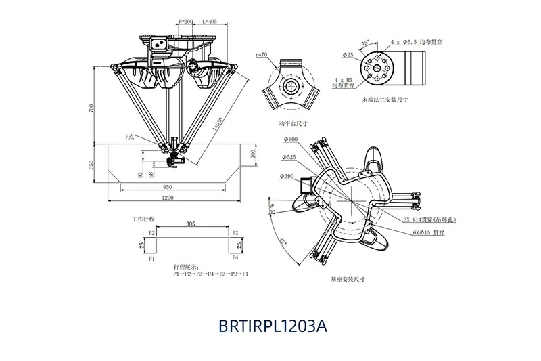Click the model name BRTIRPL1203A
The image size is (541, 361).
click(x=273, y=325)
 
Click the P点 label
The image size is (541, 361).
click(x=131, y=137)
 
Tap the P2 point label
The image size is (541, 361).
click(x=152, y=233)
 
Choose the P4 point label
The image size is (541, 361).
click(x=235, y=259)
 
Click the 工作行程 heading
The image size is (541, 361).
click(x=143, y=220)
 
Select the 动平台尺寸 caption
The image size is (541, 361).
click(x=292, y=124)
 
